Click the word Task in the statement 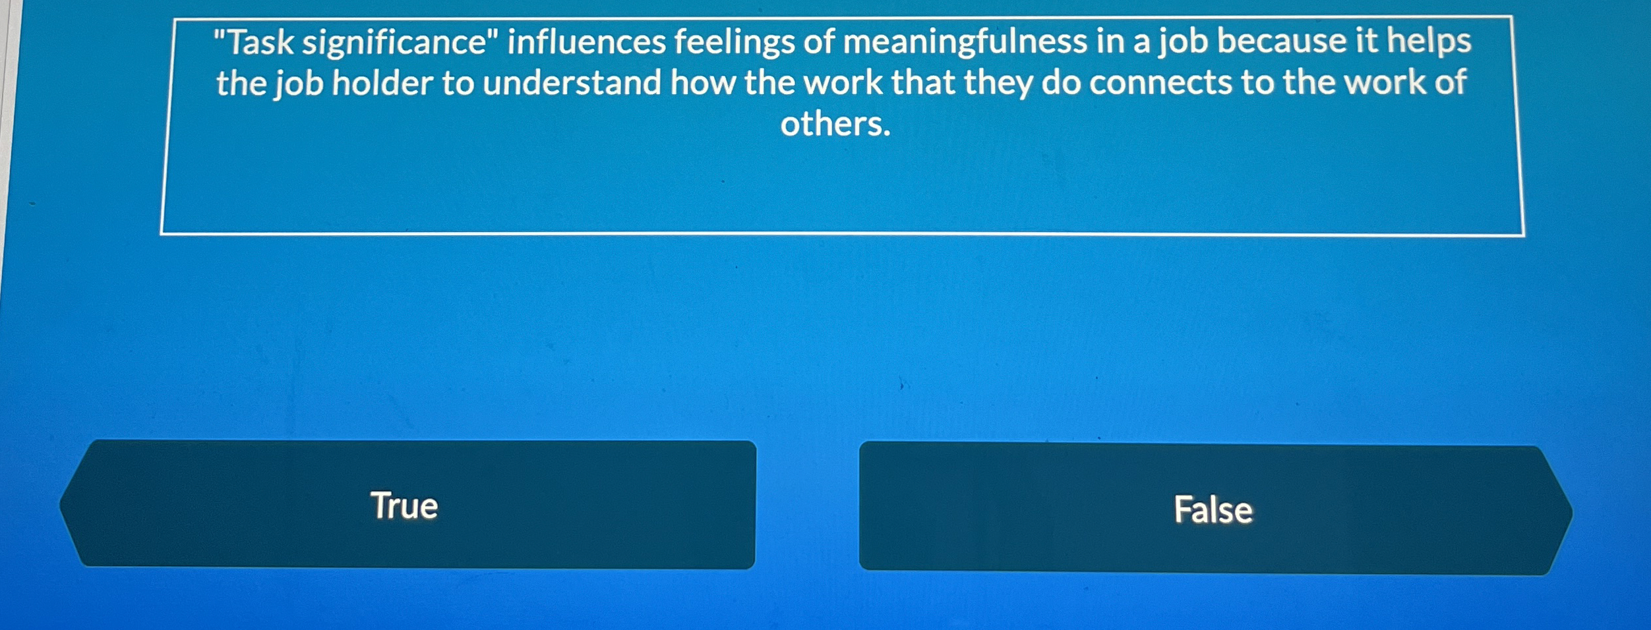click(x=260, y=43)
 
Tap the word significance click(x=394, y=43)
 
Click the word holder click(x=382, y=84)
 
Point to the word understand click(x=572, y=84)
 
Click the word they click(x=998, y=84)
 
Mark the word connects click(x=1160, y=84)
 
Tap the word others click(x=835, y=124)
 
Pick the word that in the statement click(x=923, y=83)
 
